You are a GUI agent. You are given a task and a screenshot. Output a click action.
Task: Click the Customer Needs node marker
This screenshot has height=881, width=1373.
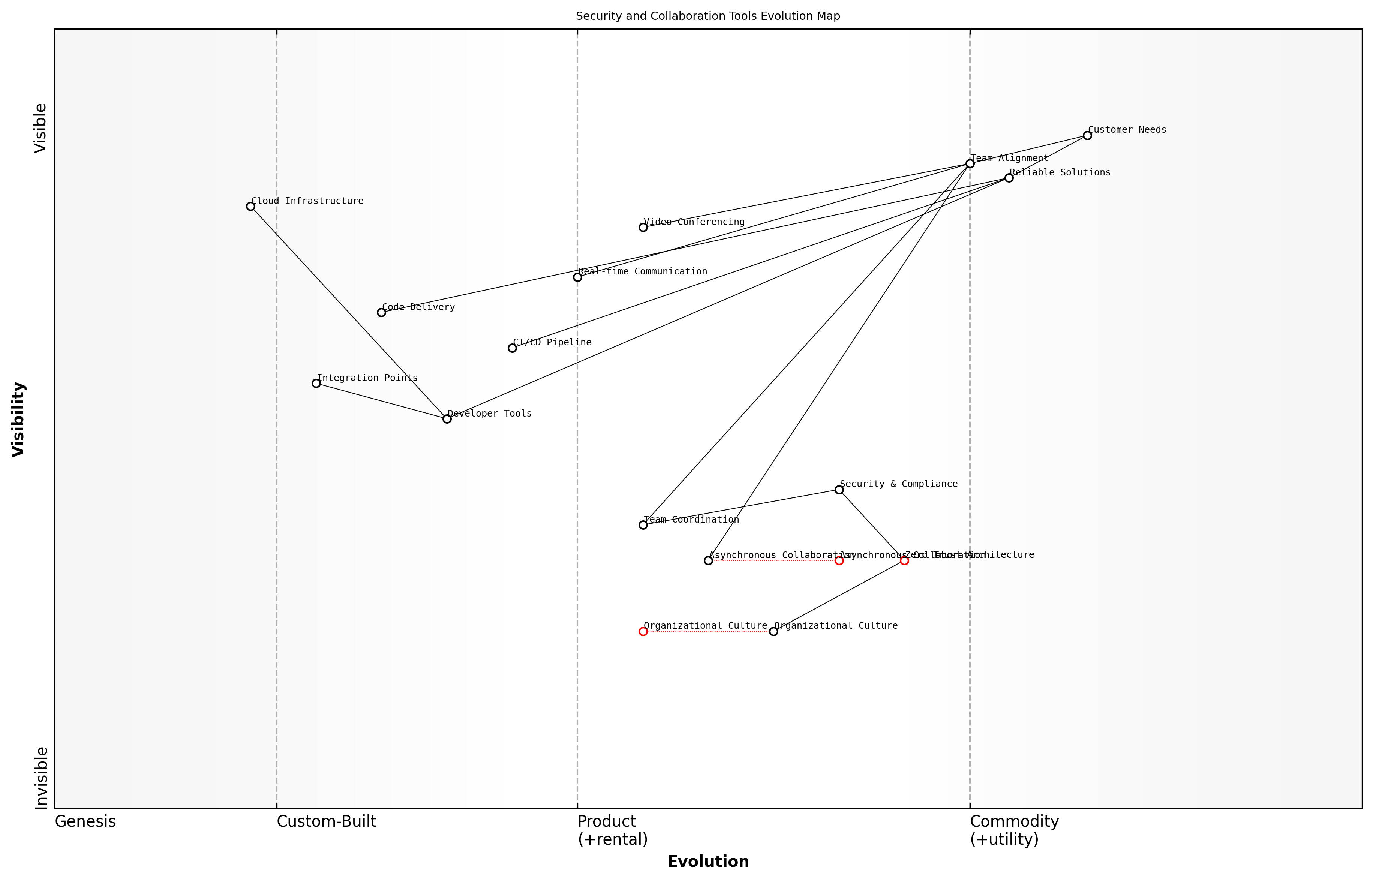(x=1087, y=136)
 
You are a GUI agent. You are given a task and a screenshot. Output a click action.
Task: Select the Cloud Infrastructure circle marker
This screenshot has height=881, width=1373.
(x=250, y=207)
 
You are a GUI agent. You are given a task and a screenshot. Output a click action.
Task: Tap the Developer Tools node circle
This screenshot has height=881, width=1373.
(x=447, y=419)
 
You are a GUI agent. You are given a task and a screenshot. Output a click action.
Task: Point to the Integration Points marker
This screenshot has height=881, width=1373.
(x=316, y=383)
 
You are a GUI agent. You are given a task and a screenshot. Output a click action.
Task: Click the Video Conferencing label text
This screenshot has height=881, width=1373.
(x=694, y=222)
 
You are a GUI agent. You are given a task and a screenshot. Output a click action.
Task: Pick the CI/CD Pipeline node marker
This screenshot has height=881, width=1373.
(x=512, y=348)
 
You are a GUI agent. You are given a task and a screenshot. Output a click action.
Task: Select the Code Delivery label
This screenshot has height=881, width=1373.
(x=418, y=307)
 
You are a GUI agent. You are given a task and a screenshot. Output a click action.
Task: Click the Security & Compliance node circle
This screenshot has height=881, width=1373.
(x=839, y=490)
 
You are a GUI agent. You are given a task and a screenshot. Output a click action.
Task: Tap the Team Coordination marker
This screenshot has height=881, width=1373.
(x=643, y=524)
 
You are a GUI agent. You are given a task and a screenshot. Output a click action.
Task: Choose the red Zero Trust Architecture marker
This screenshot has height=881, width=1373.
(x=904, y=560)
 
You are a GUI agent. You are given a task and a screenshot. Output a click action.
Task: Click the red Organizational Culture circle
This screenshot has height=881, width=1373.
(x=643, y=632)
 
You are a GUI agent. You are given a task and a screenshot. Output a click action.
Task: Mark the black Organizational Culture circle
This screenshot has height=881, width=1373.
(x=773, y=632)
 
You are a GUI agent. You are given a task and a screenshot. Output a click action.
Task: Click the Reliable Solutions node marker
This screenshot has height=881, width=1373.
(x=1009, y=178)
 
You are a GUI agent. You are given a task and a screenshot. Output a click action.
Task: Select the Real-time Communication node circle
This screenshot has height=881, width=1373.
(x=577, y=277)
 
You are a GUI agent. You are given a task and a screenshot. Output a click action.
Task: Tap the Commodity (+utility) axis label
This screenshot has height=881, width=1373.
(x=1014, y=830)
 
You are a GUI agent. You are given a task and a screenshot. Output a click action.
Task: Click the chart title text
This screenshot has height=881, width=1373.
(x=707, y=16)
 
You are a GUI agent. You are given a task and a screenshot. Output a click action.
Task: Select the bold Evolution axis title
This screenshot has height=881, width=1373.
(x=707, y=862)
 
